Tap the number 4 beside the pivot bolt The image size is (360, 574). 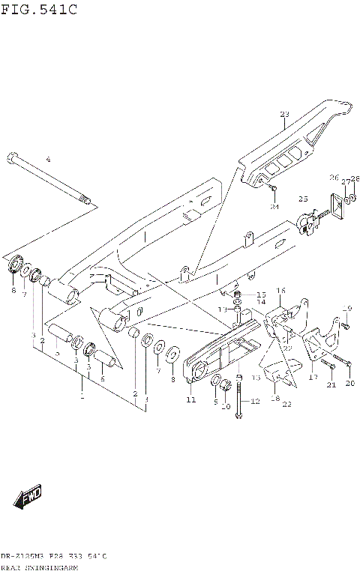pyautogui.click(x=47, y=160)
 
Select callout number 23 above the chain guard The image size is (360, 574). pyautogui.click(x=284, y=115)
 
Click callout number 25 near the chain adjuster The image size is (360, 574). pyautogui.click(x=303, y=199)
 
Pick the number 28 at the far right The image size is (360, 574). pyautogui.click(x=355, y=178)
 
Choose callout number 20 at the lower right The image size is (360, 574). pyautogui.click(x=349, y=384)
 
